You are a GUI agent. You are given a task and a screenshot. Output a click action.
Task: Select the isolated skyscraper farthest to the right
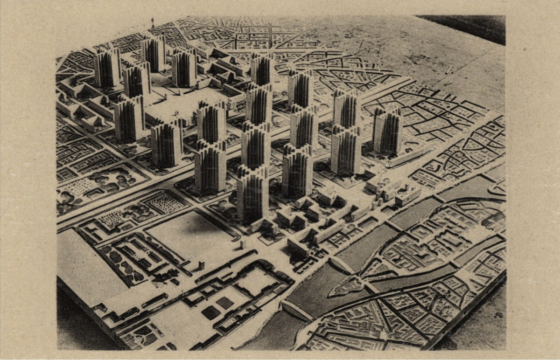(x=387, y=131)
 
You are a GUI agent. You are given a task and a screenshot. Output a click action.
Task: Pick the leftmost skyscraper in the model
(x=107, y=68)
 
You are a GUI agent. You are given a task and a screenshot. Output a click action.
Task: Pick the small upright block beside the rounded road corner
(x=242, y=244)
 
